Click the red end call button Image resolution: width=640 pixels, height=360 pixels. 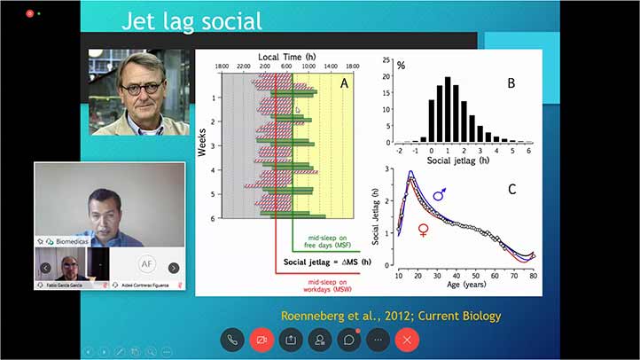click(x=407, y=339)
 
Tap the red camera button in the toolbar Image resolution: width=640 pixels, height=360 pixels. click(x=261, y=339)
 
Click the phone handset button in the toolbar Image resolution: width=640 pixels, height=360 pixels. click(x=231, y=339)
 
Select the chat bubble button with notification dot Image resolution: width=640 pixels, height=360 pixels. click(x=348, y=339)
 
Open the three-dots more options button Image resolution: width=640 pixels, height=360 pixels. click(x=378, y=339)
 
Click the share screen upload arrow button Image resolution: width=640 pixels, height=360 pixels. click(x=290, y=339)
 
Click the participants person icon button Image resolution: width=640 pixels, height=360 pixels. click(x=319, y=339)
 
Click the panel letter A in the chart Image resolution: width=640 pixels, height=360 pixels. click(x=344, y=82)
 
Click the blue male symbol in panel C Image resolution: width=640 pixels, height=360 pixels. click(x=439, y=193)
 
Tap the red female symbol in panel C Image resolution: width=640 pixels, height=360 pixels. click(x=424, y=230)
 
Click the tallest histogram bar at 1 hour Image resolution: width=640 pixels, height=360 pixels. click(x=448, y=110)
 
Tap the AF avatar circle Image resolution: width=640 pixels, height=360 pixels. click(x=148, y=264)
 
